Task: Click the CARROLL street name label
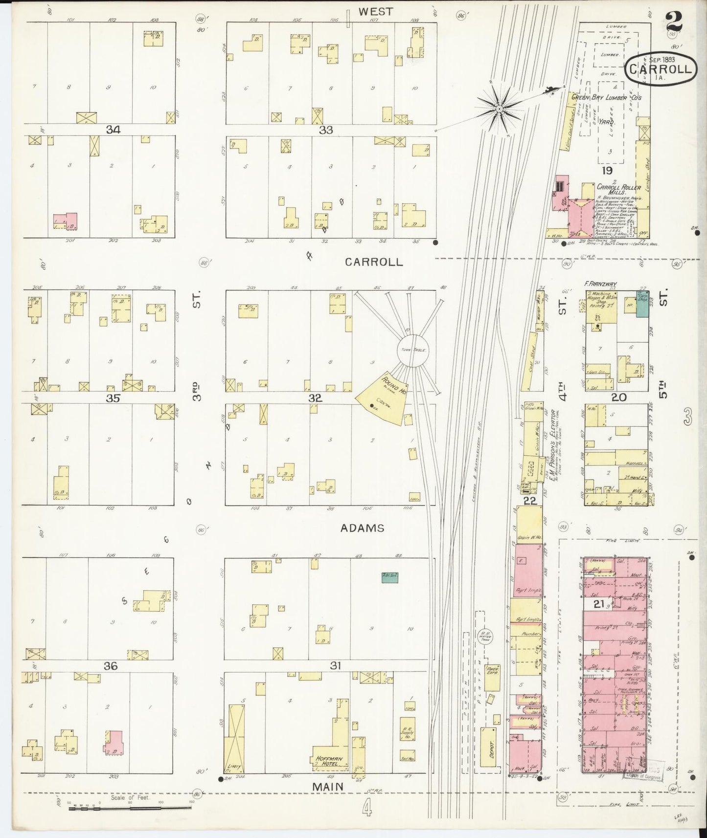374,262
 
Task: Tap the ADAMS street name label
363,528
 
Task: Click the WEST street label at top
375,11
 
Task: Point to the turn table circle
412,350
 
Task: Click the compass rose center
499,109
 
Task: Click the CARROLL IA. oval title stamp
661,69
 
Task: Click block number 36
111,666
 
